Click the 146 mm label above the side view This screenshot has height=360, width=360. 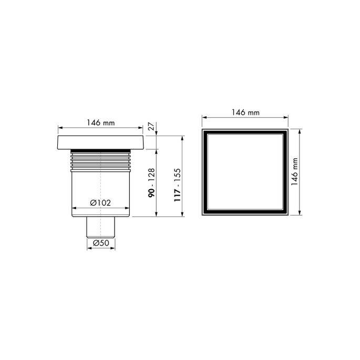(x=100, y=123)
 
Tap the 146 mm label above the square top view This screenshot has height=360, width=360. (x=245, y=112)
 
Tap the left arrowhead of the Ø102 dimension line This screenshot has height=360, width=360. (x=73, y=207)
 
